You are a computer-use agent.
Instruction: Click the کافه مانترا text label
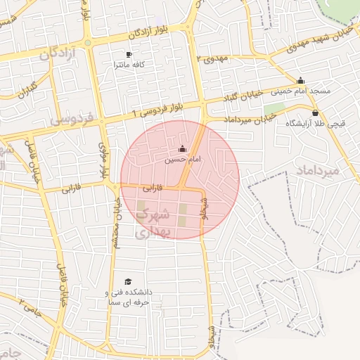click(129, 65)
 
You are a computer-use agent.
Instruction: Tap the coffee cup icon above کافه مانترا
click(129, 54)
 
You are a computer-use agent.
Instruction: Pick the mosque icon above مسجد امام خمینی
click(301, 80)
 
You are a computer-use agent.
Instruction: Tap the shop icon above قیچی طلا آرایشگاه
click(314, 112)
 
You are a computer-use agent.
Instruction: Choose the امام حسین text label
click(183, 160)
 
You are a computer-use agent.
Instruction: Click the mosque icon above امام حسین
click(183, 149)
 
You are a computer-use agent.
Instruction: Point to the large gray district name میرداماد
click(318, 171)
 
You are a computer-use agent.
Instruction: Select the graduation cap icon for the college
click(128, 281)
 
